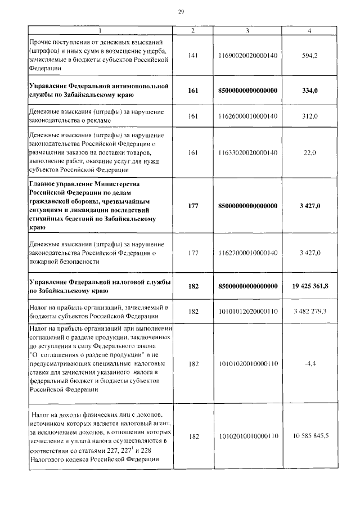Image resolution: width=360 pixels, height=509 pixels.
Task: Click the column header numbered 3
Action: coord(247,30)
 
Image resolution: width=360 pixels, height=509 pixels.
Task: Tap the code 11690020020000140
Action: coord(247,56)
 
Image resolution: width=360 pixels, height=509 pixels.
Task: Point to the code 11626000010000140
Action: coord(247,116)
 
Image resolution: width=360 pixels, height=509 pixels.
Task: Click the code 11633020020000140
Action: coord(247,152)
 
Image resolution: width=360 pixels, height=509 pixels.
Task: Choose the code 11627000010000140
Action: coord(247,253)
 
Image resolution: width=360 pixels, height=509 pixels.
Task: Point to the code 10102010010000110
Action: coord(247,436)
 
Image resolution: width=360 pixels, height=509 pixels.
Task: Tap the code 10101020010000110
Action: coord(247,364)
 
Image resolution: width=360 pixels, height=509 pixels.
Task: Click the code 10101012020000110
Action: coord(247,311)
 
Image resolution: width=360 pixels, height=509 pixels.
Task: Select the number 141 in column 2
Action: coord(193,56)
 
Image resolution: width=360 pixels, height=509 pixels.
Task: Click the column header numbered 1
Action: coord(100,30)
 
